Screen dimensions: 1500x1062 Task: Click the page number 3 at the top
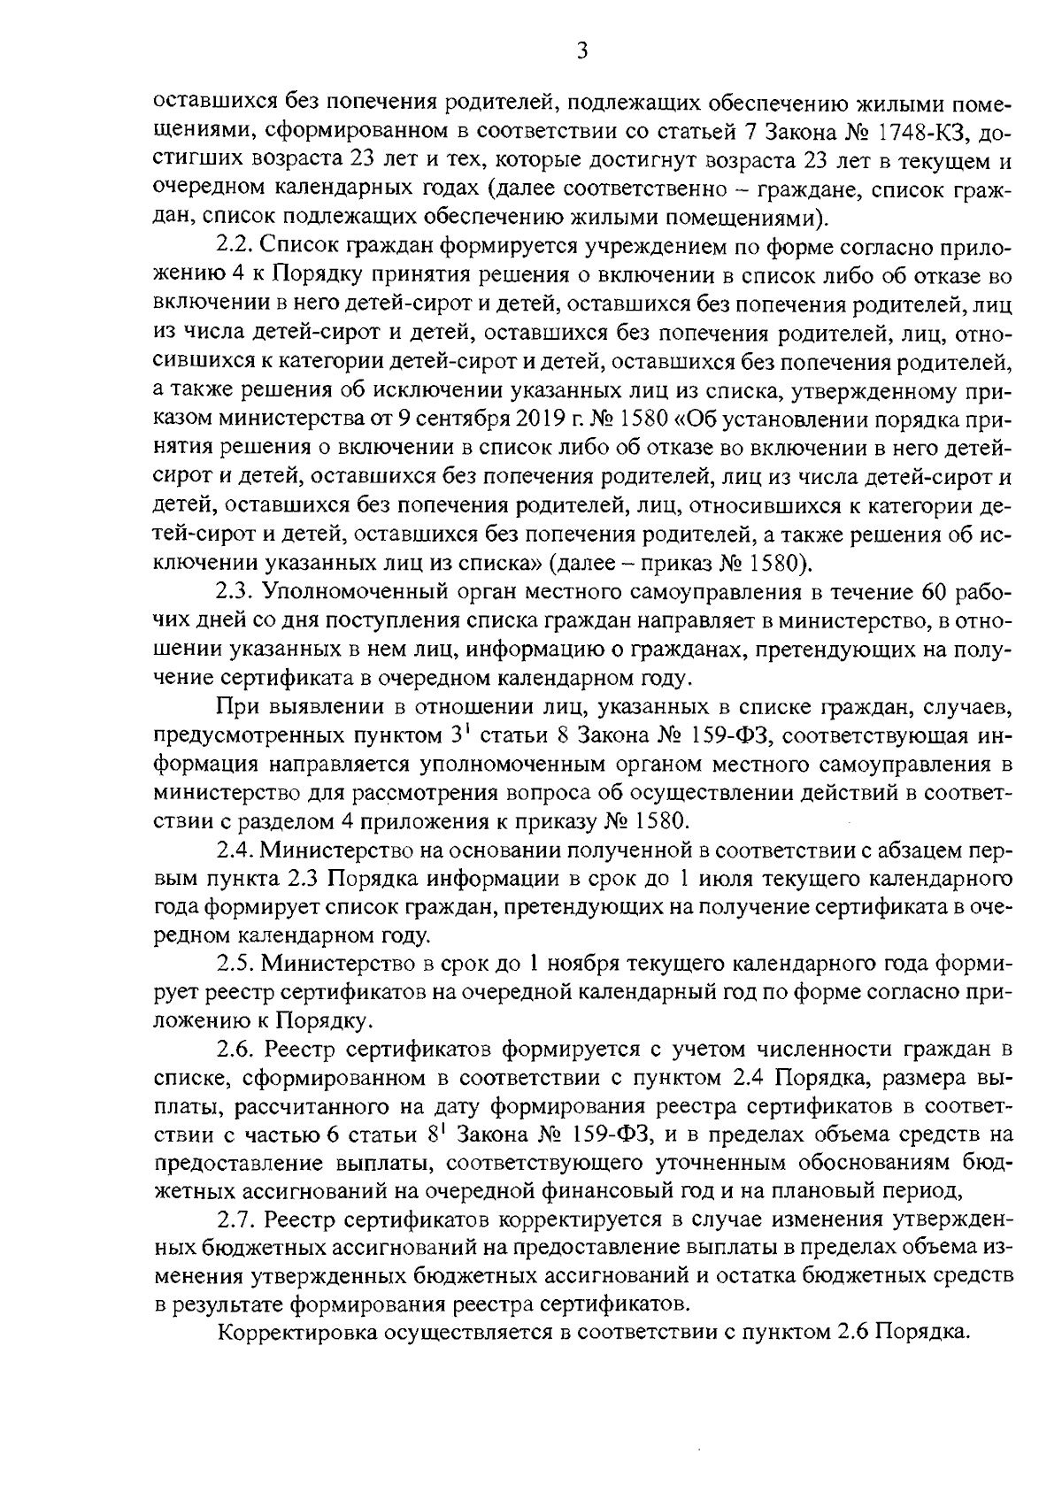tap(581, 51)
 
